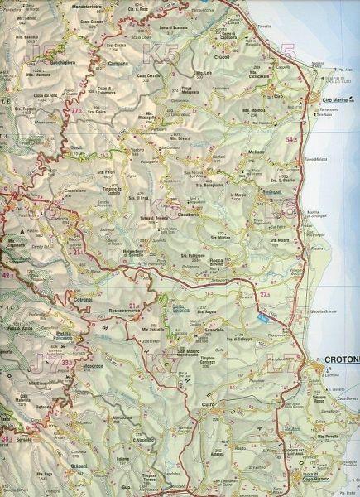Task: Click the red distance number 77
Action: click(x=76, y=110)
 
